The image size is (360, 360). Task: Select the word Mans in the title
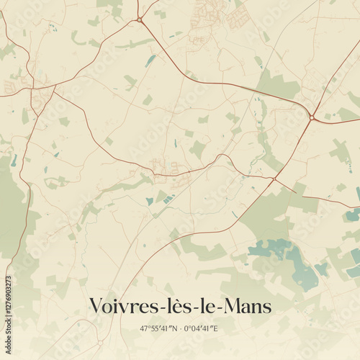coord(249,307)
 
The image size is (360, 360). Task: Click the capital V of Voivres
coord(96,307)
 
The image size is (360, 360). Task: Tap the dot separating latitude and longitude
coord(180,329)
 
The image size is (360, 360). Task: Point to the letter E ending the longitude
coord(217,329)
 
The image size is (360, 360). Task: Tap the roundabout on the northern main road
coord(139,19)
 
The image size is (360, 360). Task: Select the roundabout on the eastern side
coord(312,117)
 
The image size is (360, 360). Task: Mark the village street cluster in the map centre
coord(166,167)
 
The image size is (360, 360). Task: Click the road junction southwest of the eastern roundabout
coord(275,179)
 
